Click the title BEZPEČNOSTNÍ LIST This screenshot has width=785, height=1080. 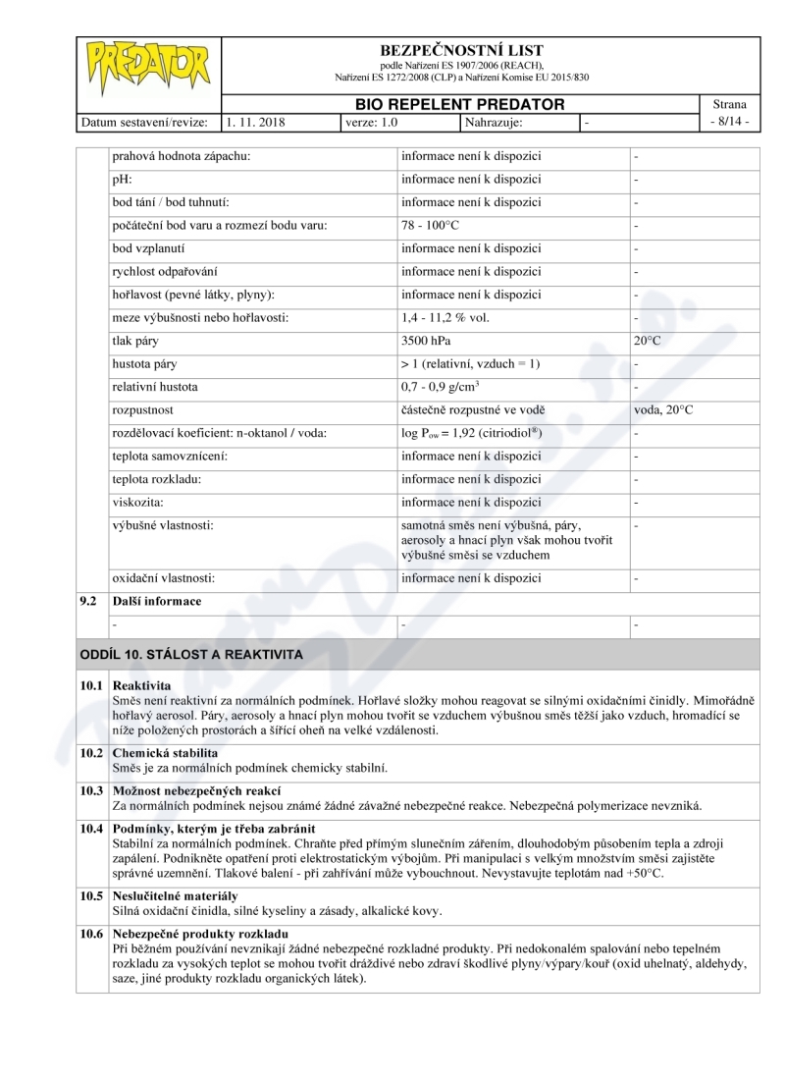(x=461, y=50)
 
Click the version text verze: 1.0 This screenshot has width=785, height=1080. (x=373, y=123)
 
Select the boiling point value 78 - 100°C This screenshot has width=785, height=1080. (x=433, y=226)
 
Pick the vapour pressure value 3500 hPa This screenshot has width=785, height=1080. (x=428, y=341)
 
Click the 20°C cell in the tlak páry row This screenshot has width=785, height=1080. (x=649, y=341)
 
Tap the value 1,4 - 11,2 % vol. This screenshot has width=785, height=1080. (x=445, y=317)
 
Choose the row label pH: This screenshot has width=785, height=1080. (x=123, y=180)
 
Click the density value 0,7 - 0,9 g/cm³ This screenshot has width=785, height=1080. (x=445, y=387)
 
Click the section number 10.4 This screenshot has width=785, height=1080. (x=91, y=829)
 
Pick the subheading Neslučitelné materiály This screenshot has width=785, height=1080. (x=176, y=896)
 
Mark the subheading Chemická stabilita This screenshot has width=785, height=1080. (x=166, y=753)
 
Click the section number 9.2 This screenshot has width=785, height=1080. (x=88, y=601)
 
